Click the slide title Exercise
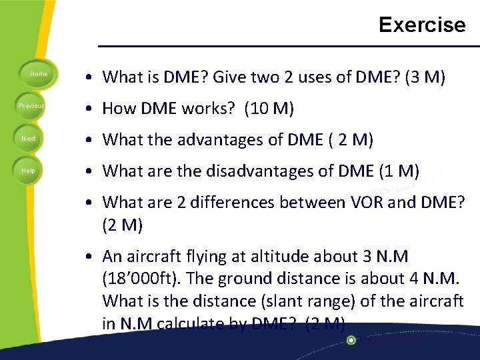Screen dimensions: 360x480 pos(422,25)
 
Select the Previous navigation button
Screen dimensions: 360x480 pos(31,106)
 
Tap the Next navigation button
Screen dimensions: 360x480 pos(29,138)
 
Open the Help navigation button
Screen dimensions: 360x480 pos(29,171)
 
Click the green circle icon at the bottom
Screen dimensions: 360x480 pos(351,340)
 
